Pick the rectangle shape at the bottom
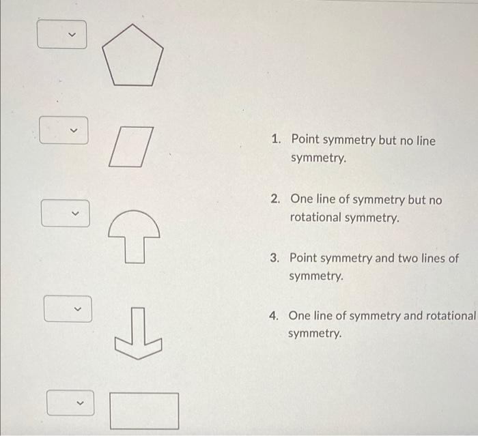click(x=144, y=410)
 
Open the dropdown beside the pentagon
click(x=63, y=35)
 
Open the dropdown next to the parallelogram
click(x=64, y=130)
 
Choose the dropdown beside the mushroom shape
click(x=66, y=213)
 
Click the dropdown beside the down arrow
click(x=68, y=308)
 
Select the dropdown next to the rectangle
click(x=71, y=403)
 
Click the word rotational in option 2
click(x=316, y=218)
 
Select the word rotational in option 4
click(x=447, y=316)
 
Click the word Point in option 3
click(x=304, y=259)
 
